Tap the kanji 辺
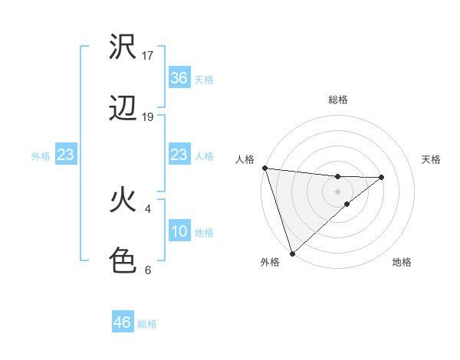(123, 110)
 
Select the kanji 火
(123, 200)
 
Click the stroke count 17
(148, 56)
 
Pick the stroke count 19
(148, 117)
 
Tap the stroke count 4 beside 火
(148, 208)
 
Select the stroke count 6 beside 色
(148, 270)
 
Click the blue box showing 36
(179, 78)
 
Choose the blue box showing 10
(179, 231)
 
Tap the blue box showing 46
(123, 322)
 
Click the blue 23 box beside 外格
(66, 155)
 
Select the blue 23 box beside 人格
(179, 155)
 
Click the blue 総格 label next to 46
(147, 324)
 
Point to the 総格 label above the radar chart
(338, 100)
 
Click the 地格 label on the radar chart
(402, 263)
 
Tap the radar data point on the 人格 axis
(264, 168)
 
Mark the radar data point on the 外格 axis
(292, 253)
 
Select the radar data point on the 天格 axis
(382, 177)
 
